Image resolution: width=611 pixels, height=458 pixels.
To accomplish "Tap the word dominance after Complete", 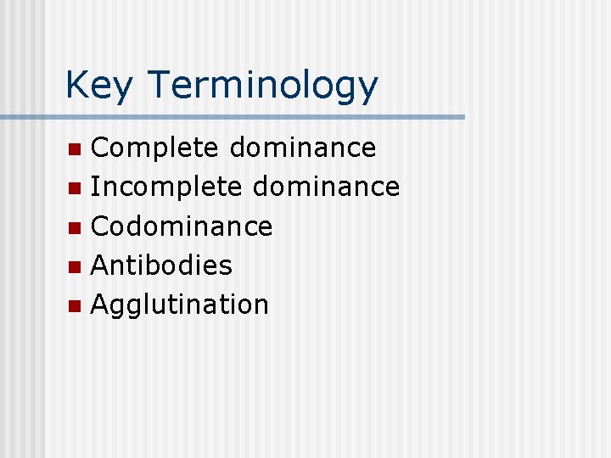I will coord(302,148).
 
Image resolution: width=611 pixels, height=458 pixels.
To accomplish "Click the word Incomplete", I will coord(166,187).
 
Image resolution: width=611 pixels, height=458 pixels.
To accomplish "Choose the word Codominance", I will coord(182,226).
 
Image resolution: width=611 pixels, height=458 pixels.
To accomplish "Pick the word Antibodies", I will coord(161,265).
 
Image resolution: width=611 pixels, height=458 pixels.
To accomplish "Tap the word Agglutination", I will coord(179,304).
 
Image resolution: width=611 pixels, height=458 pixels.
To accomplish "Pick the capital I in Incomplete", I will coord(94,187).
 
